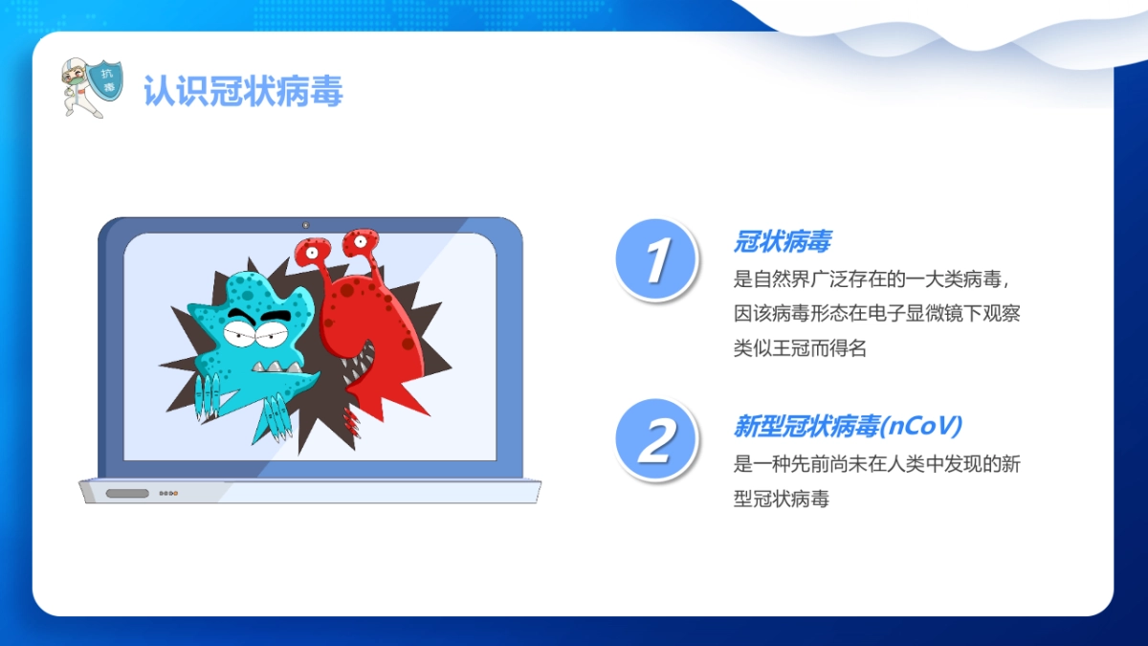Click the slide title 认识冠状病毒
pyautogui.click(x=243, y=92)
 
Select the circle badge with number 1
pyautogui.click(x=655, y=259)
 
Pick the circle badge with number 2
pyautogui.click(x=655, y=440)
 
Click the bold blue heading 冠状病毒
pyautogui.click(x=782, y=242)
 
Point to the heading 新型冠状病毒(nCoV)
pyautogui.click(x=848, y=425)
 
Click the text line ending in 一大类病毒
pyautogui.click(x=872, y=278)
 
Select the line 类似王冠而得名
pyautogui.click(x=800, y=347)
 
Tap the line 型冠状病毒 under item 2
pyautogui.click(x=781, y=499)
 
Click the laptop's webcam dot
pyautogui.click(x=306, y=226)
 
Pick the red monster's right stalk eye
pyautogui.click(x=362, y=241)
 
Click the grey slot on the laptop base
pyautogui.click(x=127, y=494)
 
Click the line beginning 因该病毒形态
pyautogui.click(x=878, y=313)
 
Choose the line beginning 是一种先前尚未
pyautogui.click(x=878, y=464)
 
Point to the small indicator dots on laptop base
pyautogui.click(x=168, y=494)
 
